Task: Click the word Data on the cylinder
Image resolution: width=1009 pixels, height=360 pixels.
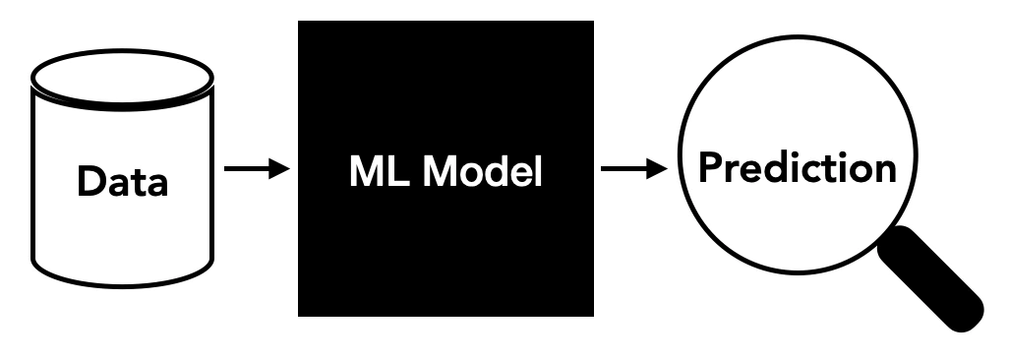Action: pos(123,182)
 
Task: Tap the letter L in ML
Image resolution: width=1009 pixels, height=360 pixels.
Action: pos(386,173)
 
